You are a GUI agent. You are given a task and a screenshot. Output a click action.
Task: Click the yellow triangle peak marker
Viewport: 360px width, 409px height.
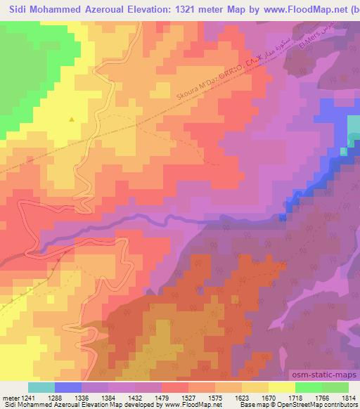(71, 119)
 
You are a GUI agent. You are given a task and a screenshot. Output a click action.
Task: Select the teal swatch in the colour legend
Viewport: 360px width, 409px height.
(41, 387)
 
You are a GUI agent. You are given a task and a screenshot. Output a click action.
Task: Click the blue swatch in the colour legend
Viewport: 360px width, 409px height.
(68, 387)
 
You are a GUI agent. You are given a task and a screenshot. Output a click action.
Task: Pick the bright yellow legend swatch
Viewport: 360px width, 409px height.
(281, 387)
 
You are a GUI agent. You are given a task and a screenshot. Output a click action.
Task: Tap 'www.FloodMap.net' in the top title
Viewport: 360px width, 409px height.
(309, 8)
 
